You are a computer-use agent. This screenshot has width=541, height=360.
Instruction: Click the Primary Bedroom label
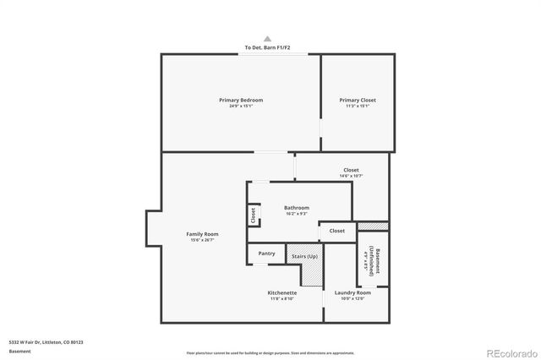click(x=241, y=101)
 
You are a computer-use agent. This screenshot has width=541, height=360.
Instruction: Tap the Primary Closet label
click(x=358, y=101)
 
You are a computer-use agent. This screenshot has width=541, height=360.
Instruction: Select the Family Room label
click(x=203, y=234)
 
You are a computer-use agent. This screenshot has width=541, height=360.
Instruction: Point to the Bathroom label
click(x=296, y=208)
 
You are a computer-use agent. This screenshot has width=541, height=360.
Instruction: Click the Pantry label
click(x=266, y=254)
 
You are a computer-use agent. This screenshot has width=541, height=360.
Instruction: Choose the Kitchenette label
click(x=281, y=292)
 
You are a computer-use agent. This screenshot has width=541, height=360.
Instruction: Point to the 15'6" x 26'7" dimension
click(x=203, y=240)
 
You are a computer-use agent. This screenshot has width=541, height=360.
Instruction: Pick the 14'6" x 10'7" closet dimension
click(x=351, y=176)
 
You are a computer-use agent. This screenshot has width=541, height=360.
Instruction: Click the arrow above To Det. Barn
click(x=267, y=39)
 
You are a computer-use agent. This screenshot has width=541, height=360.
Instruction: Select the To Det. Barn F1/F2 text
click(x=267, y=47)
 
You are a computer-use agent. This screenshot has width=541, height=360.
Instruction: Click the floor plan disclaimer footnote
click(x=270, y=352)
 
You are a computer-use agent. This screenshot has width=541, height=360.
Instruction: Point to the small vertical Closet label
click(x=254, y=215)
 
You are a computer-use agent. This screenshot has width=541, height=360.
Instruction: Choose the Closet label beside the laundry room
click(x=336, y=231)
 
